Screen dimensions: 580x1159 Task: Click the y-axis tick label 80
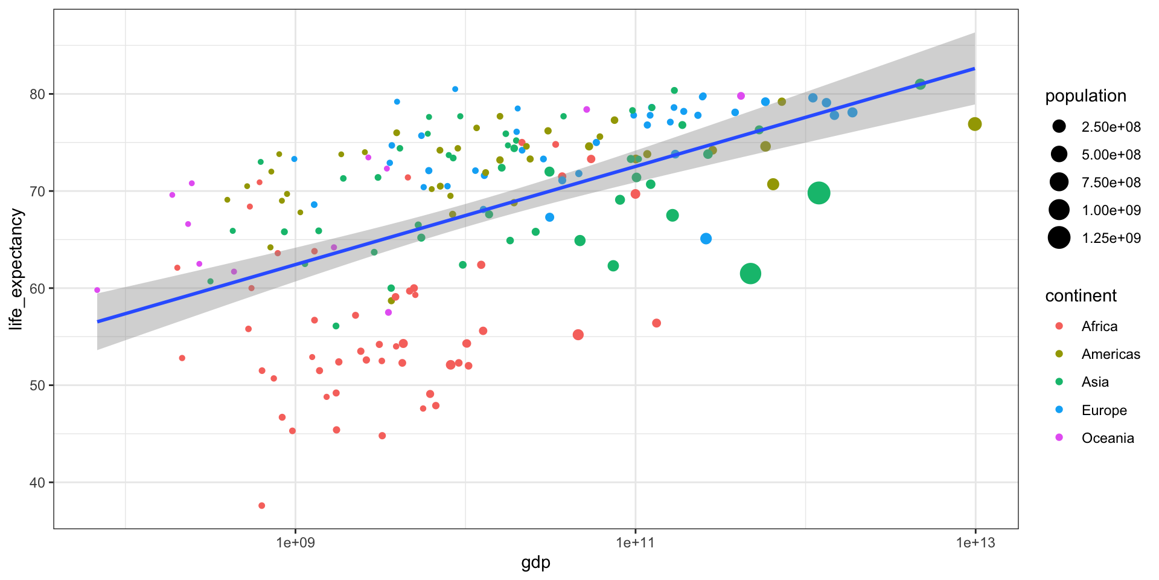pos(38,94)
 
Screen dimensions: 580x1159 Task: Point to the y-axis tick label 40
pos(38,483)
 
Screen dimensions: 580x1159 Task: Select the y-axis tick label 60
pos(38,288)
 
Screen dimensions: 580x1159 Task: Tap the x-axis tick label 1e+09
pos(295,543)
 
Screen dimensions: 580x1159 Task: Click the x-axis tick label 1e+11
pos(635,543)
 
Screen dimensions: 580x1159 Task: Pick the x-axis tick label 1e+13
pos(975,543)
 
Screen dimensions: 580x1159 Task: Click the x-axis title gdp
pos(535,563)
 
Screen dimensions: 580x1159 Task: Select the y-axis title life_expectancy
pos(16,269)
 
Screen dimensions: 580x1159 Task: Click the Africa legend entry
pos(1099,326)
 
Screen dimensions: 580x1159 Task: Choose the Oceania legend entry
pos(1107,438)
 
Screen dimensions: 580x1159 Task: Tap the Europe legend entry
pos(1103,410)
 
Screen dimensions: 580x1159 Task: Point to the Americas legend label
pos(1111,354)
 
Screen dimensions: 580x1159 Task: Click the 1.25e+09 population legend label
pos(1111,238)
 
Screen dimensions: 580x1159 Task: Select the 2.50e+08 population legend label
pos(1111,127)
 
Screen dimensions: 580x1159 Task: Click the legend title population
pos(1085,96)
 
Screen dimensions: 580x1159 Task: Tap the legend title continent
pos(1081,296)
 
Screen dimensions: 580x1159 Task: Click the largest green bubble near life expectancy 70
pos(819,193)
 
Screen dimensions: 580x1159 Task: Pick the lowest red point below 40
pos(261,506)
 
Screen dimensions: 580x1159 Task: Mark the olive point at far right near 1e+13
pos(974,124)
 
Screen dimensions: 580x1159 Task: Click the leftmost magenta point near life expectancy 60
pos(97,290)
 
